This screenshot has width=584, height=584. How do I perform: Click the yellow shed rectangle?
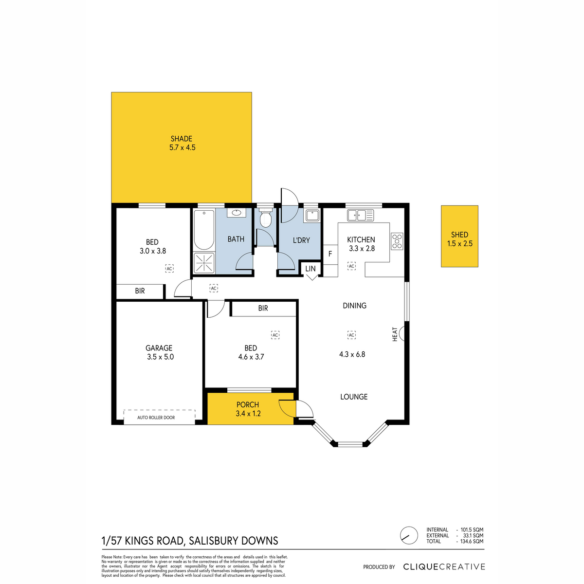[459, 236]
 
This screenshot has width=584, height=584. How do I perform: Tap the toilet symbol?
[266, 217]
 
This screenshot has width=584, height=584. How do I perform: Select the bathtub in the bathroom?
[204, 230]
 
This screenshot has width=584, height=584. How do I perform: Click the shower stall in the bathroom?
[204, 262]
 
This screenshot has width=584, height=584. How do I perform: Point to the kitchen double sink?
[360, 215]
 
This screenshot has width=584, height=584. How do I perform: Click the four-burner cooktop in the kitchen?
[397, 241]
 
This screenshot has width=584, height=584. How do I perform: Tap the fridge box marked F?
[330, 254]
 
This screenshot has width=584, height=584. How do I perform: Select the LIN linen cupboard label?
[310, 269]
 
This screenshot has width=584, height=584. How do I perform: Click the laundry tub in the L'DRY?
[312, 215]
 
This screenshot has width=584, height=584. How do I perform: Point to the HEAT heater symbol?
[398, 334]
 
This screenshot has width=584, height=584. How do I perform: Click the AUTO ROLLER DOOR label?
[156, 417]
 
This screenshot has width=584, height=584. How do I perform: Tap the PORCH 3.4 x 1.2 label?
[248, 409]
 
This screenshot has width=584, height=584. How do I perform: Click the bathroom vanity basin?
[236, 213]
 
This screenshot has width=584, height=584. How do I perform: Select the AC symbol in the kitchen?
[351, 266]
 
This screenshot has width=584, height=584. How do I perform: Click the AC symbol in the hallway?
[214, 288]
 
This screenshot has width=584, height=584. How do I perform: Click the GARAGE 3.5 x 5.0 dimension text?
[160, 357]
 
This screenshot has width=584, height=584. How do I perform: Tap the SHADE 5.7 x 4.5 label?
[182, 143]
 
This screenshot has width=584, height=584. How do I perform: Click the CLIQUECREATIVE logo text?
[444, 566]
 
